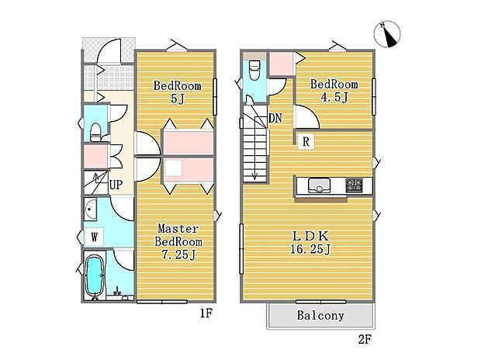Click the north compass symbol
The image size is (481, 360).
(x=387, y=34)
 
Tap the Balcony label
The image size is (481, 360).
(x=320, y=316)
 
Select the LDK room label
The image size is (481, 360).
(x=310, y=236)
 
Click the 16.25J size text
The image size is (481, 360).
(x=310, y=249)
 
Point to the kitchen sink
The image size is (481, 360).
(x=319, y=185)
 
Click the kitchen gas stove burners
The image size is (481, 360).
(x=354, y=185)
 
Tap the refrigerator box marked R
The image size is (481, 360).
(x=306, y=142)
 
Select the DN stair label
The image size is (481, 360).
(x=275, y=118)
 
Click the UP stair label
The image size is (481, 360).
(x=116, y=185)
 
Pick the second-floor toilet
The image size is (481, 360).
(x=254, y=70)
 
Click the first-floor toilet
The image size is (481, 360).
(x=95, y=132)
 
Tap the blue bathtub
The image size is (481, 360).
(x=95, y=275)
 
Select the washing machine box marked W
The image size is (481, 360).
(x=94, y=237)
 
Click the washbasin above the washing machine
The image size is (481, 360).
(x=91, y=209)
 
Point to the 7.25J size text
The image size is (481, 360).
(x=178, y=254)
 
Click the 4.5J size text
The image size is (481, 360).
(x=334, y=97)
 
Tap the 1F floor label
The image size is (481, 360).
(x=206, y=313)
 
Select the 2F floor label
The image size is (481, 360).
(x=365, y=339)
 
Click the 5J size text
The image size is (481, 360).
(x=178, y=99)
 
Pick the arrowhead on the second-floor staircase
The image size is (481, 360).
(x=254, y=176)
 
